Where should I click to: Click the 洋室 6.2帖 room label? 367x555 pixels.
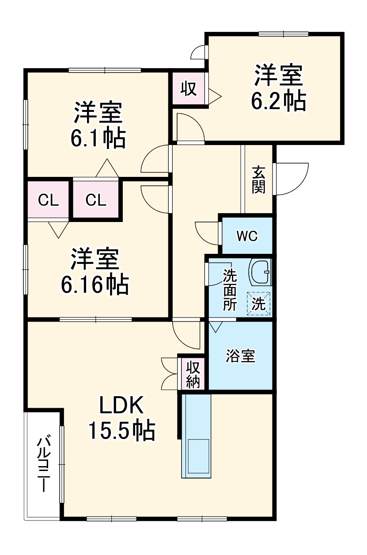(x=278, y=88)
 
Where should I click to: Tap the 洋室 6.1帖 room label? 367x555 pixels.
(x=98, y=126)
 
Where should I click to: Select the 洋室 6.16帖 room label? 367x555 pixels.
(x=95, y=272)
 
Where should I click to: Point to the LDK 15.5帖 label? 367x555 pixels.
(x=121, y=417)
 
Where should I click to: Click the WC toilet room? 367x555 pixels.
(x=246, y=236)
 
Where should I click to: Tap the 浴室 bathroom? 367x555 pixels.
(x=240, y=356)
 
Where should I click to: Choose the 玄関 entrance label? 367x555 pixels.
(x=259, y=180)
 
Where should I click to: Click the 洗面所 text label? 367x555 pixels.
(x=229, y=290)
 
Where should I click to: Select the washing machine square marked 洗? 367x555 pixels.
(x=259, y=304)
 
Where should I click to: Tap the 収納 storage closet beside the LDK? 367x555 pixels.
(x=193, y=374)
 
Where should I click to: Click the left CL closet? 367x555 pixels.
(x=48, y=200)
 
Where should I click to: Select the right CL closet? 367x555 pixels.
(x=96, y=200)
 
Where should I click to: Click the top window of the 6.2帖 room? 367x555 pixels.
(x=283, y=34)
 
